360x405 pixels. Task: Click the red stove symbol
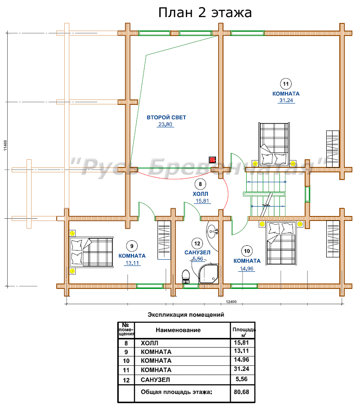tap(212, 160)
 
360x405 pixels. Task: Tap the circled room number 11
tap(286, 84)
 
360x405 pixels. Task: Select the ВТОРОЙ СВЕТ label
tap(166, 117)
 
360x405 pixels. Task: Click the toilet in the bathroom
tap(186, 276)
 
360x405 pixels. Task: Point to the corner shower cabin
tap(208, 274)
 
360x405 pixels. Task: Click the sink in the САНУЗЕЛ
tap(212, 231)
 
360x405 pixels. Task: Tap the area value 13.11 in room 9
tap(132, 263)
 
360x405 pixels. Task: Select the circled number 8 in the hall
tap(200, 184)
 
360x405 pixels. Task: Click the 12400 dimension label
tap(231, 301)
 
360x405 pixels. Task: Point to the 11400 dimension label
tap(5, 145)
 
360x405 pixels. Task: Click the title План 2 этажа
tap(205, 13)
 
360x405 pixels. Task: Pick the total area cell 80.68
tap(242, 392)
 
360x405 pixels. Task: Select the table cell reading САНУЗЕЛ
tap(155, 380)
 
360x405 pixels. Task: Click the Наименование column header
tap(178, 330)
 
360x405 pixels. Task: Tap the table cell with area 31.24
tap(242, 369)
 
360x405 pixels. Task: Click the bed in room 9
tap(91, 252)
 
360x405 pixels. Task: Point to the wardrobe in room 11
tap(333, 149)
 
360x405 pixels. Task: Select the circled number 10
tap(247, 251)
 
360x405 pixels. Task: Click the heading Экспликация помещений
tap(186, 315)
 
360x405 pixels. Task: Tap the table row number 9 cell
tap(126, 352)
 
